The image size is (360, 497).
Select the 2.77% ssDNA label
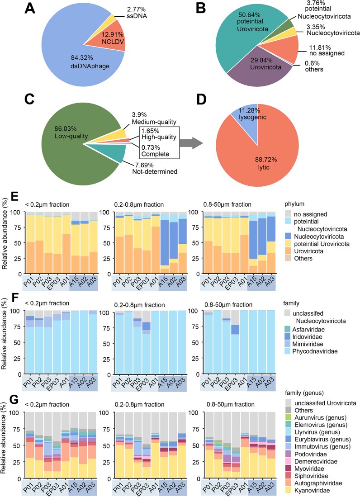(137, 12)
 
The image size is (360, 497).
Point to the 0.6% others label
(314, 66)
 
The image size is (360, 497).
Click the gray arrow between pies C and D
(191, 143)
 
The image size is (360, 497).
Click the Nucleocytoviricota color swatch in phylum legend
(288, 237)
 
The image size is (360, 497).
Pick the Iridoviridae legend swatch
(288, 337)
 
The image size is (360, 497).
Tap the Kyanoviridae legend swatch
(288, 490)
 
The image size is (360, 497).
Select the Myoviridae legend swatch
(288, 469)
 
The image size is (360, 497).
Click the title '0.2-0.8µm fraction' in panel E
(139, 204)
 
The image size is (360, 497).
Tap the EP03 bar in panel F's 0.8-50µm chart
(235, 342)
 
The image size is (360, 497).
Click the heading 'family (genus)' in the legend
(304, 393)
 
